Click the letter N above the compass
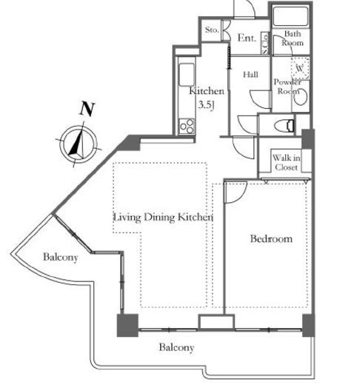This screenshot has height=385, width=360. [x=87, y=109]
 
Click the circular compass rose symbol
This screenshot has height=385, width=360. [x=79, y=144]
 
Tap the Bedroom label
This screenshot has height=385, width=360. [x=271, y=238]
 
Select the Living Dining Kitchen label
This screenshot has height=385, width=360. [x=163, y=217]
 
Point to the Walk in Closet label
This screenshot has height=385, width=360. [x=286, y=163]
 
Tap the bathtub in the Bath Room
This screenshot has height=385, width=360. [x=290, y=16]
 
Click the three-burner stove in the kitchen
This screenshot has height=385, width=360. [x=187, y=126]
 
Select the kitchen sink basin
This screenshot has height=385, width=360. [x=186, y=75]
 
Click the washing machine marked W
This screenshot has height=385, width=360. [x=300, y=68]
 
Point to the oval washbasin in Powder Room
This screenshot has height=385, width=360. [x=301, y=97]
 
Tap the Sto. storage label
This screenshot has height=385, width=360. [x=212, y=30]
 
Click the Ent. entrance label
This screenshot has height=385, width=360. [x=247, y=38]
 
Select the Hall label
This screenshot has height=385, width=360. [x=250, y=74]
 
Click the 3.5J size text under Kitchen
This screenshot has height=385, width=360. [x=206, y=105]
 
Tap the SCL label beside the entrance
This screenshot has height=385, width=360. [x=265, y=44]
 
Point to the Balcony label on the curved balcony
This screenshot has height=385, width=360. [x=60, y=257]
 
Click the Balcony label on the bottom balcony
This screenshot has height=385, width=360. [x=176, y=347]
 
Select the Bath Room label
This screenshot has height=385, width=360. [x=293, y=38]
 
